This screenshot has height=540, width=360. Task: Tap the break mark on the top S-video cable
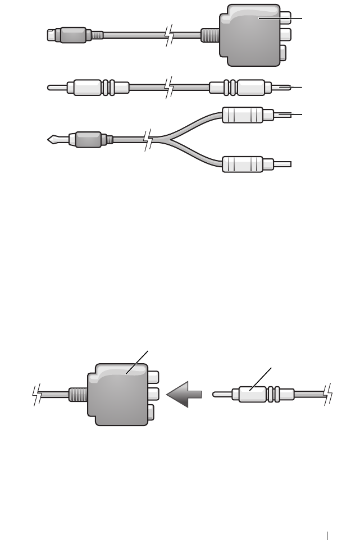(x=167, y=35)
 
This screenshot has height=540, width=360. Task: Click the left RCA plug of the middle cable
(x=84, y=88)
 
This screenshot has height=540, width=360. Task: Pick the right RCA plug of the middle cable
(x=250, y=88)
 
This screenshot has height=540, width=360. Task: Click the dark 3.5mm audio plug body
(x=89, y=139)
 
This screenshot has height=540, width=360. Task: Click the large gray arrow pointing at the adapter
(x=185, y=396)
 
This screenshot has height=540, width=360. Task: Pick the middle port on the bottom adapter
(x=154, y=395)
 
